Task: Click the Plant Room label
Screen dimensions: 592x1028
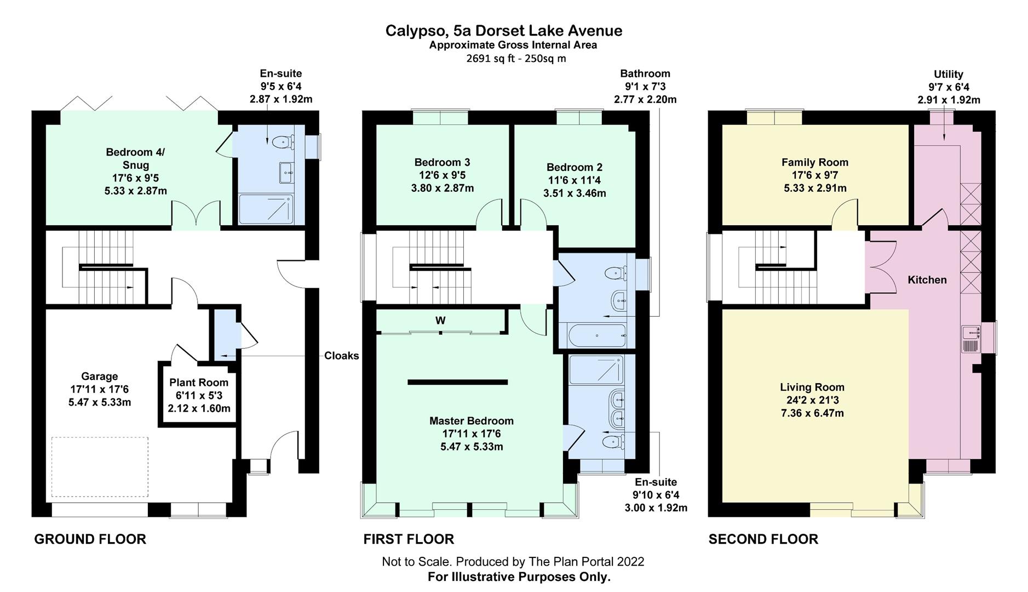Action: [198, 383]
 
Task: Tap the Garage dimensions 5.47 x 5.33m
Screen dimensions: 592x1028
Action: [99, 402]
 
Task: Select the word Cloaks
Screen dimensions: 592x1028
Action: [341, 356]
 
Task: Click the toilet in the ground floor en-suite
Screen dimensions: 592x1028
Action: [280, 141]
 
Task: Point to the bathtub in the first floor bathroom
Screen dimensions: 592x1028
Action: [596, 335]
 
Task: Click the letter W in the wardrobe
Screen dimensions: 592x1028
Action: [440, 321]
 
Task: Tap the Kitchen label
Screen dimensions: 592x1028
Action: [927, 280]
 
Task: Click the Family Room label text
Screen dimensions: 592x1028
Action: [814, 162]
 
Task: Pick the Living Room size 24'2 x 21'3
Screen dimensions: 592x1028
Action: [812, 400]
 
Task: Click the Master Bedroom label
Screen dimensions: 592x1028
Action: [471, 421]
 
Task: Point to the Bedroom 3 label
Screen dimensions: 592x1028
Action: [442, 162]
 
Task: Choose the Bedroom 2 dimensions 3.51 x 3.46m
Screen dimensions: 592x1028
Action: [574, 193]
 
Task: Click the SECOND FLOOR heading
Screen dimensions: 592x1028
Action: [763, 539]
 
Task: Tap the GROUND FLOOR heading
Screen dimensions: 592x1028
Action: [90, 539]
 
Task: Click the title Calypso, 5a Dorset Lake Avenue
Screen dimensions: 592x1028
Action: [503, 31]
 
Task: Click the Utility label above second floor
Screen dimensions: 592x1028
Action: [948, 74]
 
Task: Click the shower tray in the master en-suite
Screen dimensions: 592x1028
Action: [596, 369]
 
